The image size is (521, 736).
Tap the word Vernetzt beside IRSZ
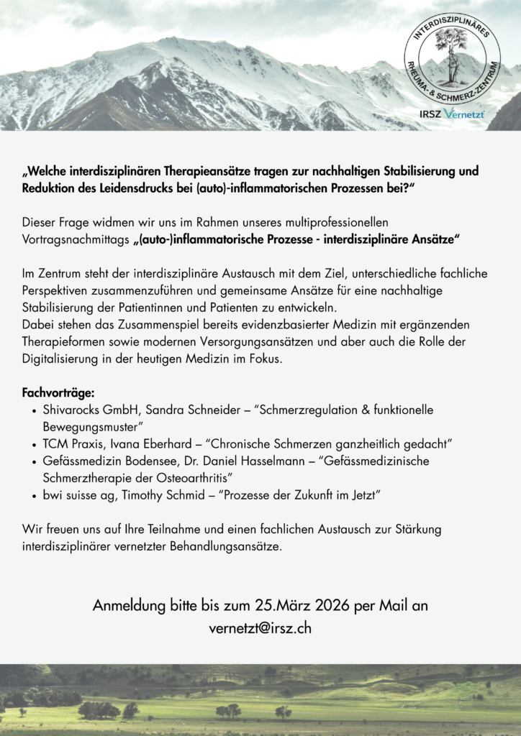pos(464,114)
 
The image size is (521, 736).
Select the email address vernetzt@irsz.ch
pos(260,627)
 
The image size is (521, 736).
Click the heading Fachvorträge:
pos(58,393)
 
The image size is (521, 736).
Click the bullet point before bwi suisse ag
pos(35,495)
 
